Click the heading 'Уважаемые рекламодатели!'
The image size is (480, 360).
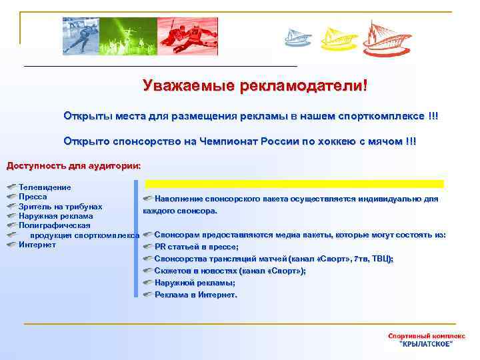[255, 87]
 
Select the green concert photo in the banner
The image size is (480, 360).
[127, 35]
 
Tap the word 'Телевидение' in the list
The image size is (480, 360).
[45, 188]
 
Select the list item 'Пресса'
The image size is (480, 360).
[33, 197]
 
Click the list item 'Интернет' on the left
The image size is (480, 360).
[37, 245]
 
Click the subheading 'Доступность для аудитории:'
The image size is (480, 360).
[73, 165]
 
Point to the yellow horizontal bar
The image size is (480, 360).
[294, 183]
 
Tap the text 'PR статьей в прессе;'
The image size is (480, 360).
[196, 247]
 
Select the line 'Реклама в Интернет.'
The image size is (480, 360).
[195, 295]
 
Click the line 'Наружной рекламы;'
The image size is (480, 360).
[194, 283]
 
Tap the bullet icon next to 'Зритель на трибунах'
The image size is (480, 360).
[11, 207]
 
